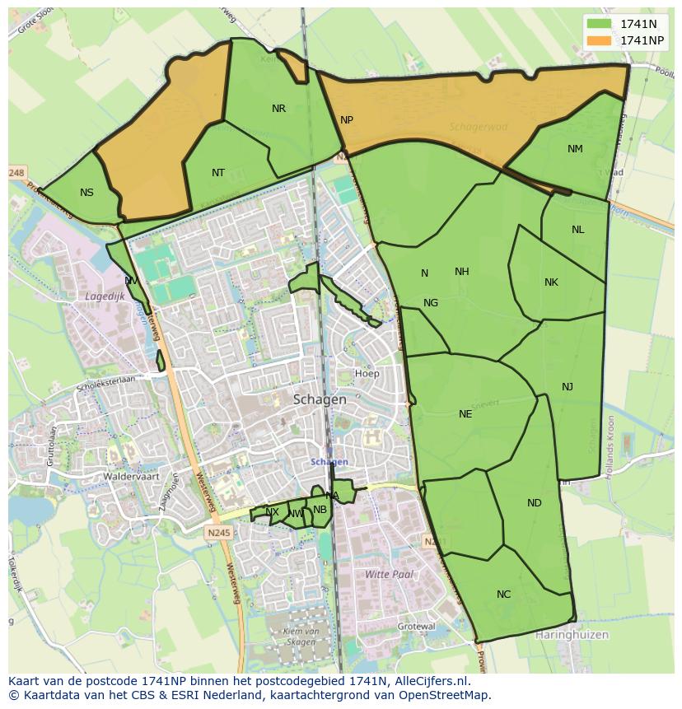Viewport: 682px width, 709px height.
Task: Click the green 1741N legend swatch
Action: (x=600, y=24)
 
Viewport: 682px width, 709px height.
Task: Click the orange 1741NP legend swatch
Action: (x=600, y=40)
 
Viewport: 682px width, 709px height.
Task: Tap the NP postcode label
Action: (x=347, y=120)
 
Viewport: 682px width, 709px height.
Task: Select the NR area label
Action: (x=278, y=109)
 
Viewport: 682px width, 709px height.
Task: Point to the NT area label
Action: (x=217, y=173)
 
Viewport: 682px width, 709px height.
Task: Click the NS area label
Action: (x=86, y=193)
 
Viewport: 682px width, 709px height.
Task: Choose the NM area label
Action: (x=575, y=149)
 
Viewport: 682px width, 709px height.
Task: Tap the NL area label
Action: (x=577, y=230)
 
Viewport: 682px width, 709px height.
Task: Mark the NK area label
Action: (x=551, y=282)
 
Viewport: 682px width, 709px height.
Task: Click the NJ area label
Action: (x=568, y=387)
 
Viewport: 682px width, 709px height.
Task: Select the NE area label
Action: (x=465, y=414)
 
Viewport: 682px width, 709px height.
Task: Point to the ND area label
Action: (x=535, y=503)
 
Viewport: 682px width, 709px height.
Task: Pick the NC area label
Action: (x=503, y=595)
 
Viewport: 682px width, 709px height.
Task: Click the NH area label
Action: (x=461, y=272)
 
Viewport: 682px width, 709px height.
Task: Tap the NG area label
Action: (x=431, y=303)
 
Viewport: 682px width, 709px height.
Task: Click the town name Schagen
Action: (x=320, y=399)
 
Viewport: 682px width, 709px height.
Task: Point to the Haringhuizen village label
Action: (x=571, y=635)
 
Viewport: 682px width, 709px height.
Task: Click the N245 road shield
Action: (x=220, y=533)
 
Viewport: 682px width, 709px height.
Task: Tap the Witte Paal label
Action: (x=389, y=574)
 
